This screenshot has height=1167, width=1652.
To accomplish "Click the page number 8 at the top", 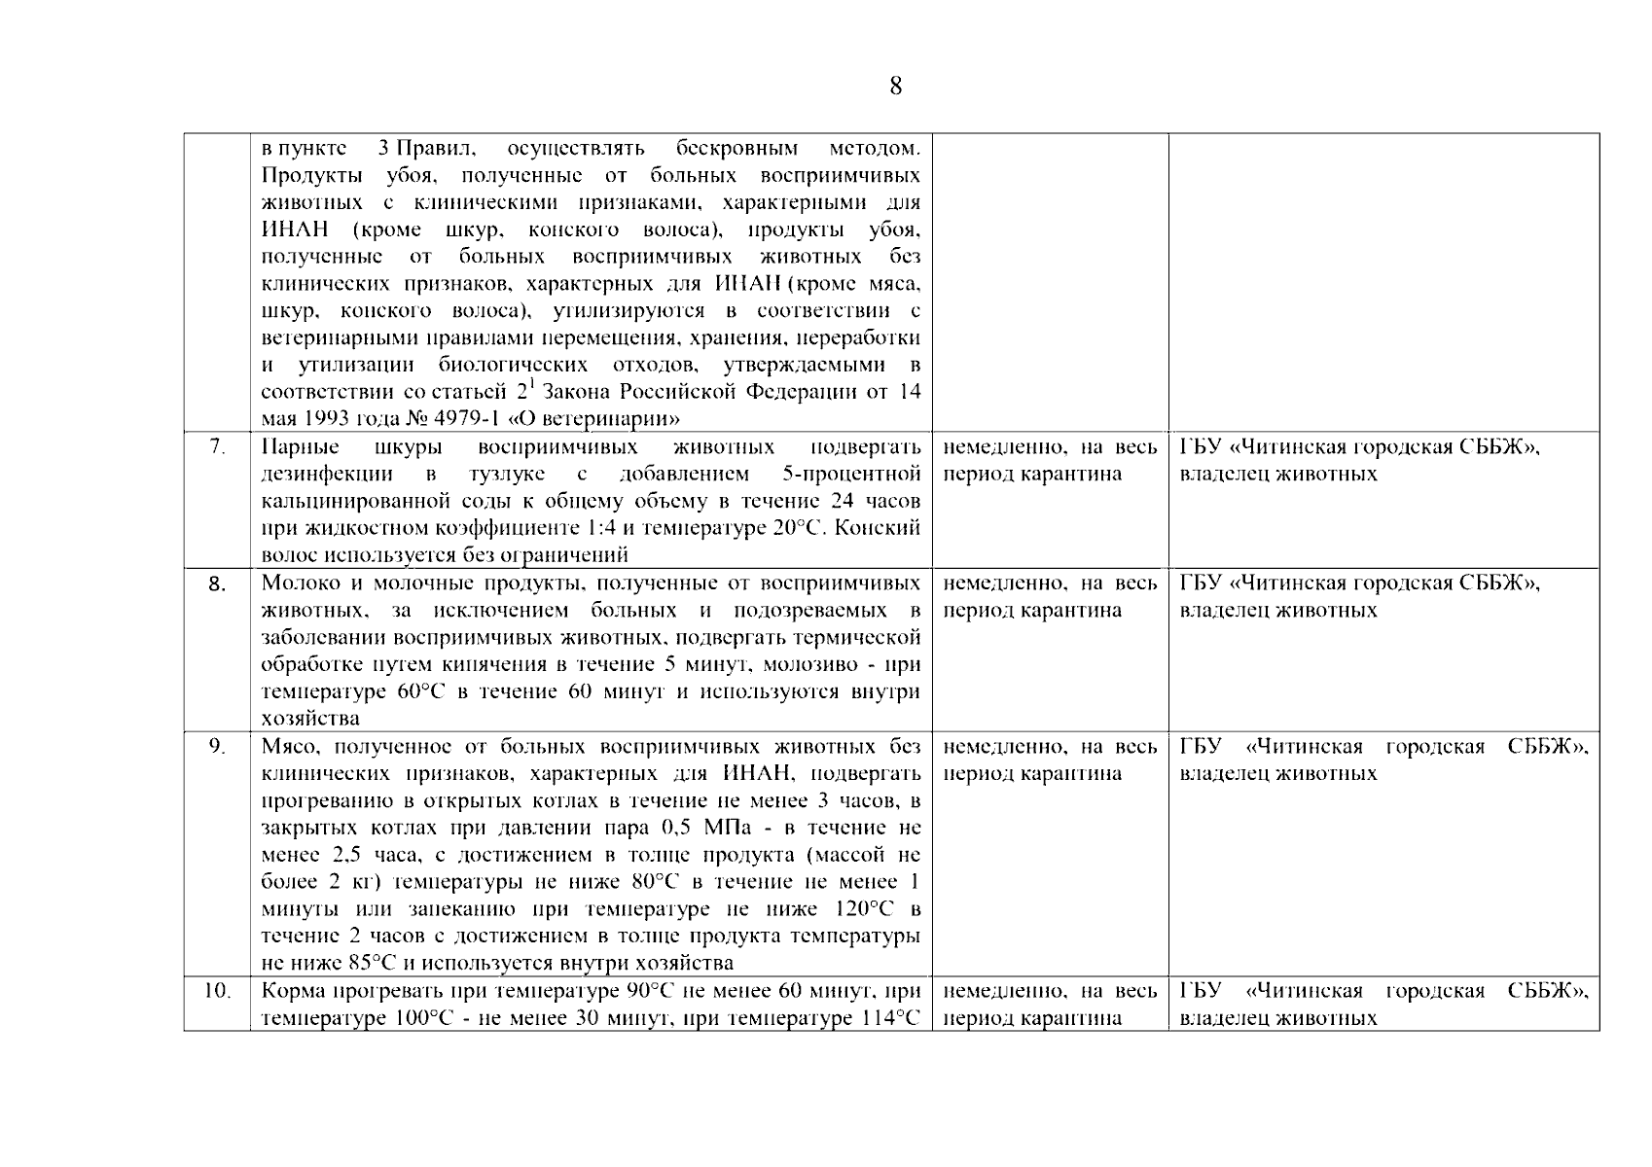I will coord(895,87).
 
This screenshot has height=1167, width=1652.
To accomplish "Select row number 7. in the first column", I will coord(217,447).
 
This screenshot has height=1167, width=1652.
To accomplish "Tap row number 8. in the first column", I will coord(217,584).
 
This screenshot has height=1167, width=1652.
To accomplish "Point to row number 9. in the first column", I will coord(217,747).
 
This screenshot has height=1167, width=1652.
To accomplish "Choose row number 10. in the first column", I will coord(217,992).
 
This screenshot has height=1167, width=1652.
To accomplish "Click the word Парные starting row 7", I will coord(301,447).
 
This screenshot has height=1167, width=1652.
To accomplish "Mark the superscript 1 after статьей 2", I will coord(532,385).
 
